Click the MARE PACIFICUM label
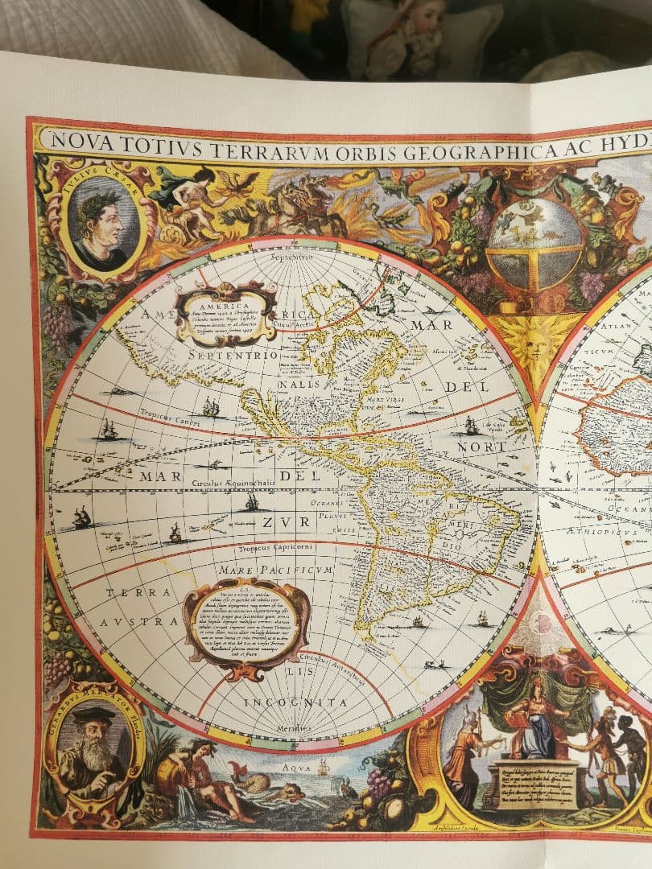pyautogui.click(x=274, y=571)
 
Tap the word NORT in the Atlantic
pyautogui.click(x=482, y=447)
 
